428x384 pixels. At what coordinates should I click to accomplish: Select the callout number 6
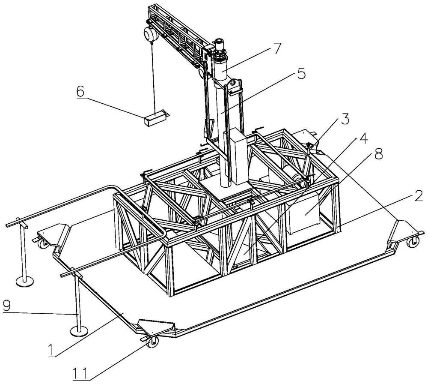coord(80,92)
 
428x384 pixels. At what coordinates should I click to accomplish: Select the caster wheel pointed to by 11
coord(152,342)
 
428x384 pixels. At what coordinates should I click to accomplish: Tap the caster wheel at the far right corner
coord(413,242)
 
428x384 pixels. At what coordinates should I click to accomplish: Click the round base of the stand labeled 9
coord(79,332)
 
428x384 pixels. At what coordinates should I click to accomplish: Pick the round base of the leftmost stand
coord(25,281)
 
